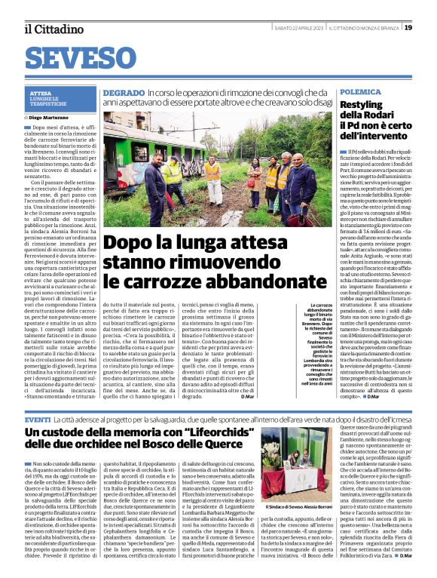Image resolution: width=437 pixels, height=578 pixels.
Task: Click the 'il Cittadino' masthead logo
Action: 53,29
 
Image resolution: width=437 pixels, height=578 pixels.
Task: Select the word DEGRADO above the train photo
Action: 124,92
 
